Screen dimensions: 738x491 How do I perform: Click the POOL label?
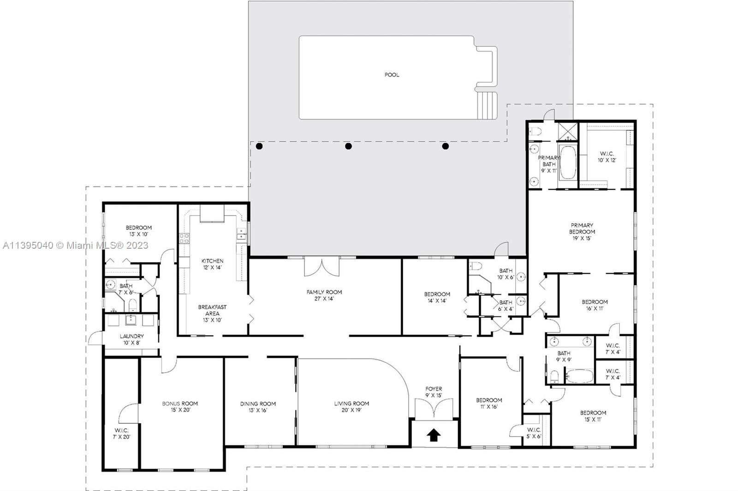click(x=392, y=75)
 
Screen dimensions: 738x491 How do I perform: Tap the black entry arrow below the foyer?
click(x=434, y=435)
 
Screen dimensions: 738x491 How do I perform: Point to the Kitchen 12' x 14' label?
click(x=213, y=264)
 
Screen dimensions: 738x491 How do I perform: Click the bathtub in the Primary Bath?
click(x=568, y=162)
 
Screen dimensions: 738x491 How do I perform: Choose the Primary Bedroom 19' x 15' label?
click(x=582, y=232)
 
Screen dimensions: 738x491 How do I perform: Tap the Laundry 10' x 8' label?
click(x=131, y=339)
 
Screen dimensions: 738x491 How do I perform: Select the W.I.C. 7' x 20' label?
click(x=122, y=433)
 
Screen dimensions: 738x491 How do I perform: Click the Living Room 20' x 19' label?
click(x=351, y=407)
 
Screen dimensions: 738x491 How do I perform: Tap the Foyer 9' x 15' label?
click(x=434, y=392)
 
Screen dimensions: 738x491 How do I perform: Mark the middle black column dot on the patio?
click(x=348, y=146)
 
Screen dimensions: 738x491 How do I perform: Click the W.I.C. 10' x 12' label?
click(x=607, y=157)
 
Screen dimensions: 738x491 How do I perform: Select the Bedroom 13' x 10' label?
click(x=139, y=231)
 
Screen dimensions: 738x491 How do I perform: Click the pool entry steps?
click(x=487, y=105)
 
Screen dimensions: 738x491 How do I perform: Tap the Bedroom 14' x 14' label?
click(x=437, y=297)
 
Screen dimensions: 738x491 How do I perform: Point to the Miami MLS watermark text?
click(x=76, y=245)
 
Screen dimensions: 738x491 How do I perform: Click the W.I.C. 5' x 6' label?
click(x=534, y=433)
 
